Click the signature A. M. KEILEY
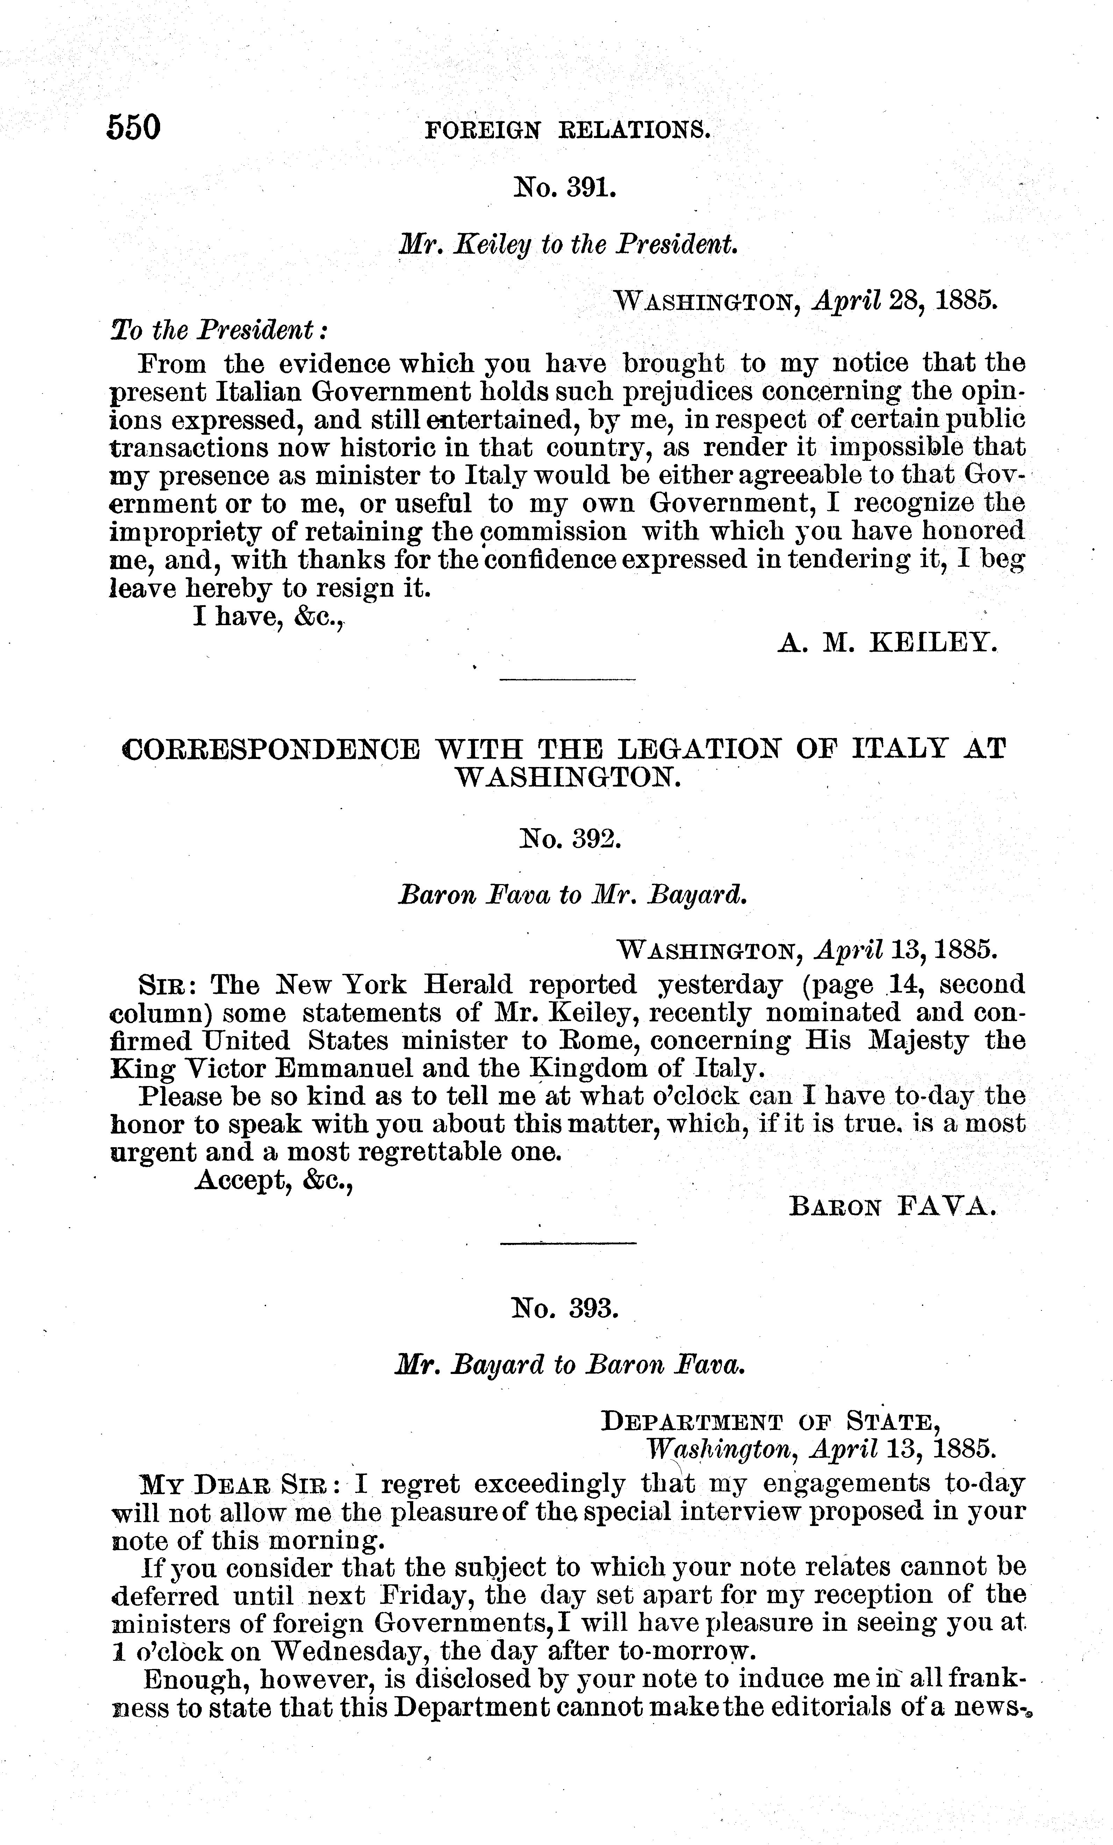coord(888,642)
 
